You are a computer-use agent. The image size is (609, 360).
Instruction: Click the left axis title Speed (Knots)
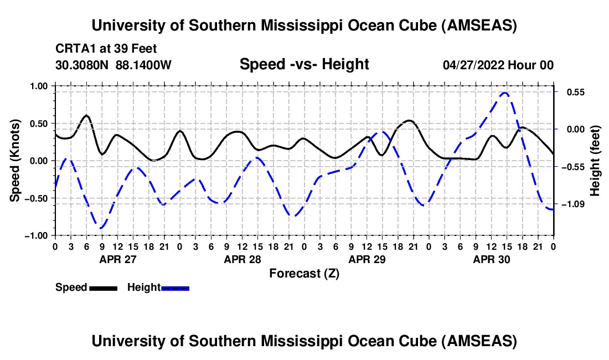click(17, 160)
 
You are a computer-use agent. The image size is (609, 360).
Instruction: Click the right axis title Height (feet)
click(595, 160)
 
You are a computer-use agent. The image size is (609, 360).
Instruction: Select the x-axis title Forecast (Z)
click(304, 273)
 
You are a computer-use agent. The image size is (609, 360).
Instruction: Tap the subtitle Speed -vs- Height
click(304, 64)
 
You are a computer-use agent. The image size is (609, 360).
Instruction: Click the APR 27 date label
click(117, 259)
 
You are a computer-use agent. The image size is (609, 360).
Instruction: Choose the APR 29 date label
click(367, 259)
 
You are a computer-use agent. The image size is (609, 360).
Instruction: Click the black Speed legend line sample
click(103, 288)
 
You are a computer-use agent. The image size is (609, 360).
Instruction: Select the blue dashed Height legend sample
click(176, 288)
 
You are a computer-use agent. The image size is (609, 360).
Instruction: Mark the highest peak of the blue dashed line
click(504, 93)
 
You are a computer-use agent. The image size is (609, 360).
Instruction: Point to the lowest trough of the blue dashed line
click(101, 228)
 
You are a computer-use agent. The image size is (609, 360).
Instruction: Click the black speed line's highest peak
click(86, 115)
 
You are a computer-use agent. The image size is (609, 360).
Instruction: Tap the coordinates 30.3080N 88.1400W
click(113, 65)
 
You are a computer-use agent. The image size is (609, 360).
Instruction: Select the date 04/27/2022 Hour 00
click(498, 65)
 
